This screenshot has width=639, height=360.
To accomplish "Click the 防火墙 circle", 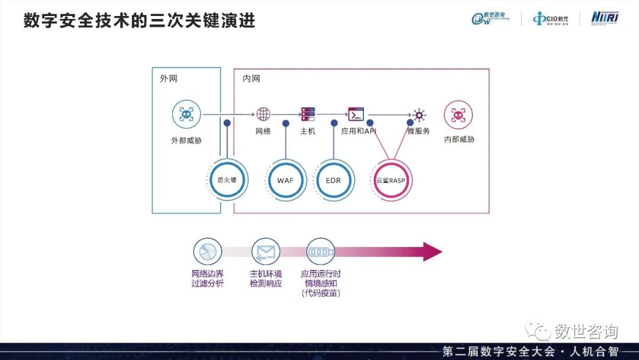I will click(227, 179).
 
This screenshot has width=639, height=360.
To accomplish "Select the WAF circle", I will click(286, 180).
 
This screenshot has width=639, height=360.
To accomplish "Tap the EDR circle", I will click(333, 180).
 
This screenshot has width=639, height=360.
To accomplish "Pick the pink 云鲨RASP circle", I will click(390, 180).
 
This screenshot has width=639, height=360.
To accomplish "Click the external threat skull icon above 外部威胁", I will click(186, 115).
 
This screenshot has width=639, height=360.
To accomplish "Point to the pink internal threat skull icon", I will click(459, 115).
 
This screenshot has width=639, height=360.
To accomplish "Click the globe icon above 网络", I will click(263, 114).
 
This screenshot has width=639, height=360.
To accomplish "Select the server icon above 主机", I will click(308, 114).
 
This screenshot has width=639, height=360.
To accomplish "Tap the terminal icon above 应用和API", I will click(356, 114).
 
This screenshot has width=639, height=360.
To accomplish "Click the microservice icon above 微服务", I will click(419, 114).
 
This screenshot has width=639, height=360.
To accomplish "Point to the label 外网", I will click(168, 79).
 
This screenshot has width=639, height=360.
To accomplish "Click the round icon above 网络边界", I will click(207, 252).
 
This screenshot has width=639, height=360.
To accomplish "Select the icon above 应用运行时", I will click(320, 252).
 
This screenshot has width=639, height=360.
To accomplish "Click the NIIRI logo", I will click(605, 18).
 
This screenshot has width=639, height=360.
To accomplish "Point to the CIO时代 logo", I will click(550, 19).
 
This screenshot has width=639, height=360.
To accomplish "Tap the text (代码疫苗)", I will click(321, 293).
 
